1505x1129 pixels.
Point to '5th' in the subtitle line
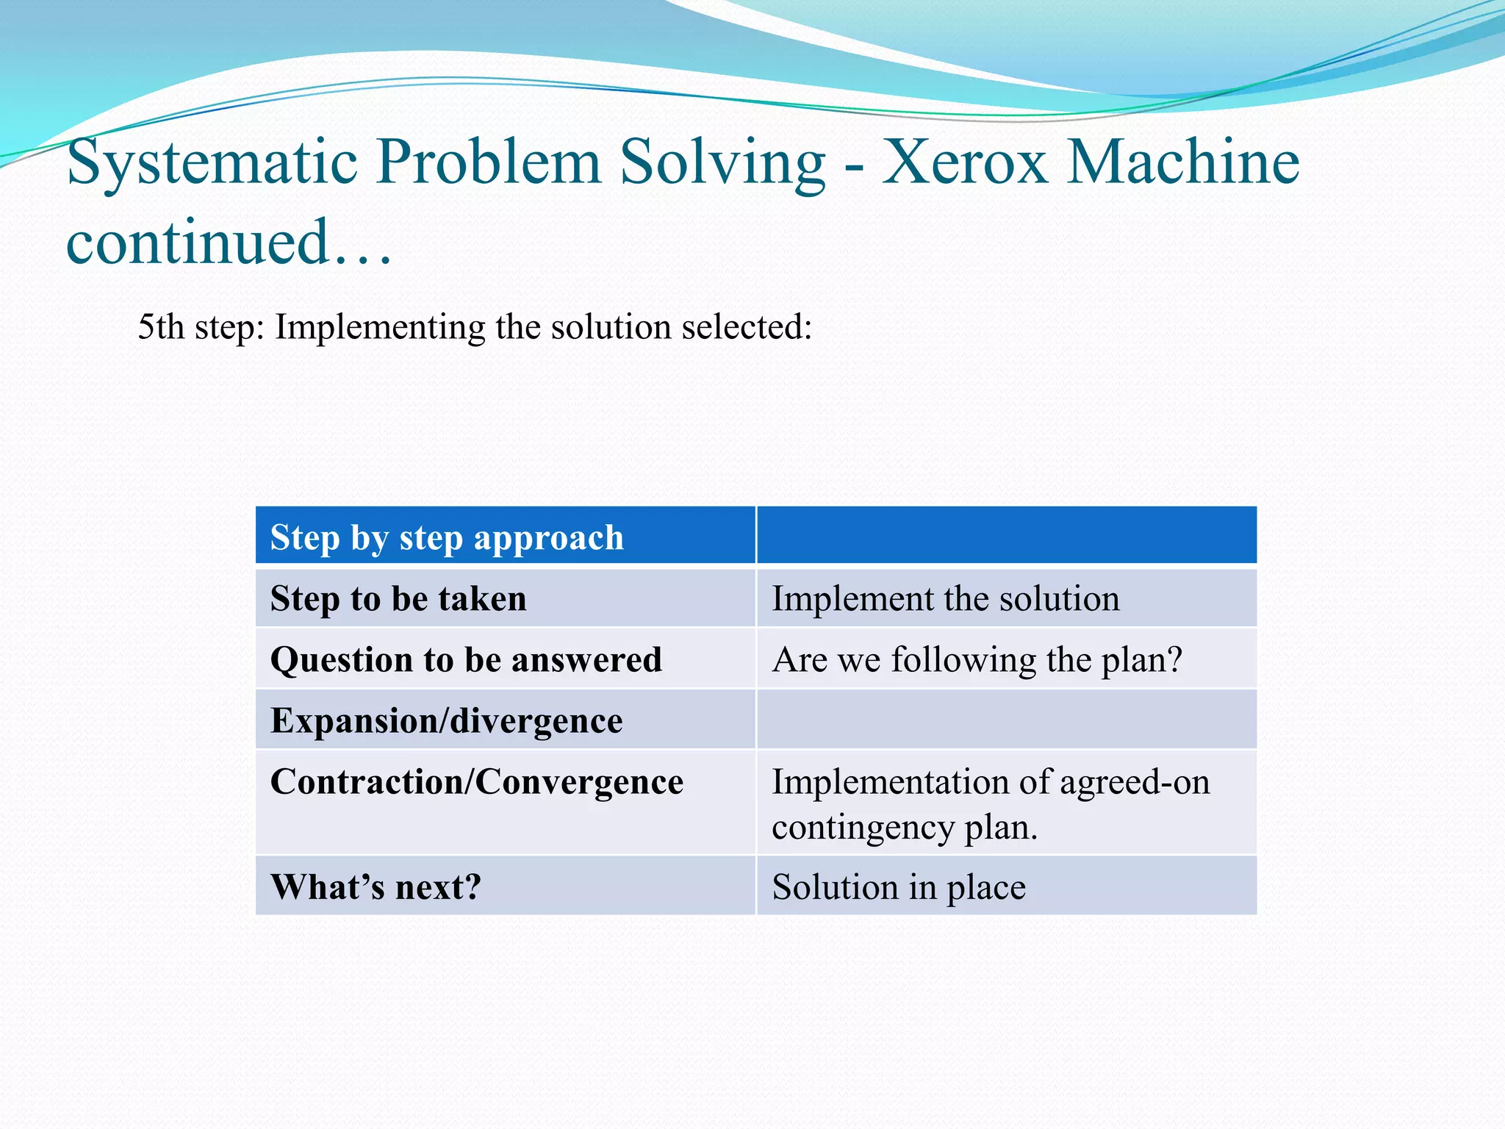[160, 327]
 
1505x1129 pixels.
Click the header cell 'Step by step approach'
[447, 537]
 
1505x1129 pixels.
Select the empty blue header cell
[1006, 536]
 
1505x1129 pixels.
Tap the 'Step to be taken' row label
[398, 598]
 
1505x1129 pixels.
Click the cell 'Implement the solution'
[945, 598]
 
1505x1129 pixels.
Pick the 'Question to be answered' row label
[466, 659]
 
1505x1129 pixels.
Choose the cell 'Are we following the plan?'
[977, 659]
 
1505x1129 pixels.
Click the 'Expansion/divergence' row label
[446, 720]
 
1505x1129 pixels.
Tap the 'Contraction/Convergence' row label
[476, 781]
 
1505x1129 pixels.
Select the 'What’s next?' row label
[376, 887]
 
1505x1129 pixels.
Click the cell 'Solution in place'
[898, 887]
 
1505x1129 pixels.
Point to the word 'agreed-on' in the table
[1135, 781]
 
